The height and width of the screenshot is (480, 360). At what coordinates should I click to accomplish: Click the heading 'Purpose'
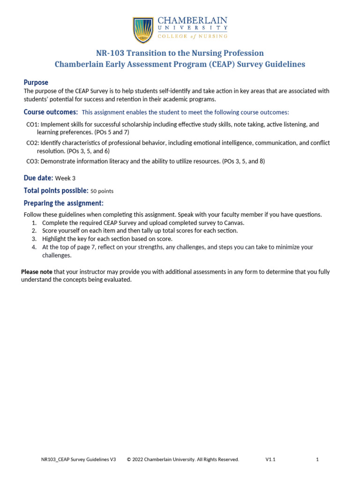[36, 82]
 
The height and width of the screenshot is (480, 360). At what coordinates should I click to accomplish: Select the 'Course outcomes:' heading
[51, 112]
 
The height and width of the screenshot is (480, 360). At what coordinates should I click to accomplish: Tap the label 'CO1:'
[32, 125]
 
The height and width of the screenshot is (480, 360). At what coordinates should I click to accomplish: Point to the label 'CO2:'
[32, 143]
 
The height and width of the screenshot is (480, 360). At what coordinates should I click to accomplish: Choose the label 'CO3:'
[32, 161]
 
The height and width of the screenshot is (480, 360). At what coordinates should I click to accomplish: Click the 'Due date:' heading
[38, 178]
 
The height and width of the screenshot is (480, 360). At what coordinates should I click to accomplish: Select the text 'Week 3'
[65, 179]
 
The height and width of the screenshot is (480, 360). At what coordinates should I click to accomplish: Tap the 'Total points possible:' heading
[56, 191]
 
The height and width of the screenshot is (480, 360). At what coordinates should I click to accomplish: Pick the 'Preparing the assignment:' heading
[63, 203]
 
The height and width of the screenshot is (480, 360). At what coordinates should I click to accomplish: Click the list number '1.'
[34, 223]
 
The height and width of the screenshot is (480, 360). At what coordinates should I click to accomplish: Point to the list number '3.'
[34, 239]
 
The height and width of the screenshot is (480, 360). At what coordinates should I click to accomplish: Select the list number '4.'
[34, 247]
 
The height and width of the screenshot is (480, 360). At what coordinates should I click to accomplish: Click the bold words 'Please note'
[37, 272]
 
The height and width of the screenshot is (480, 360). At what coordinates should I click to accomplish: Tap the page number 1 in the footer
[317, 460]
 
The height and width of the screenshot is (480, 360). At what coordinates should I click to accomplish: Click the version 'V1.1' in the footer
[270, 460]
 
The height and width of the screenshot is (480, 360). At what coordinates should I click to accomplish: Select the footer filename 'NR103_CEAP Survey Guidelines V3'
[78, 460]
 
